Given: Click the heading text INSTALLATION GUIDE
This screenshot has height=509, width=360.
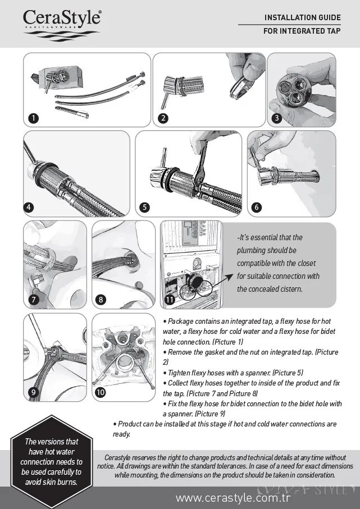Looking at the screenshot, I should (x=302, y=18).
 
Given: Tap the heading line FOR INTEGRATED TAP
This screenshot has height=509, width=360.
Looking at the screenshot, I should (x=302, y=31).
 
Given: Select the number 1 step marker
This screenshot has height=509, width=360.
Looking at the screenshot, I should (x=34, y=118).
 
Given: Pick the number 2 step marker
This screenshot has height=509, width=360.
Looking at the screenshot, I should (x=163, y=118).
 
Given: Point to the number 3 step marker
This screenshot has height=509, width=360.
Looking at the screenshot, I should (x=276, y=118).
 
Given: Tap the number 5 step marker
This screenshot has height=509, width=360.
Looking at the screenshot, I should (x=145, y=207).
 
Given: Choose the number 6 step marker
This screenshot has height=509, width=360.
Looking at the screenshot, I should (x=257, y=207).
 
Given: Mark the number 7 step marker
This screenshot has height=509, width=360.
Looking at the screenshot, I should (x=34, y=299).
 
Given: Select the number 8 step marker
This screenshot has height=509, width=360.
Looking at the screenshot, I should (x=101, y=299).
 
